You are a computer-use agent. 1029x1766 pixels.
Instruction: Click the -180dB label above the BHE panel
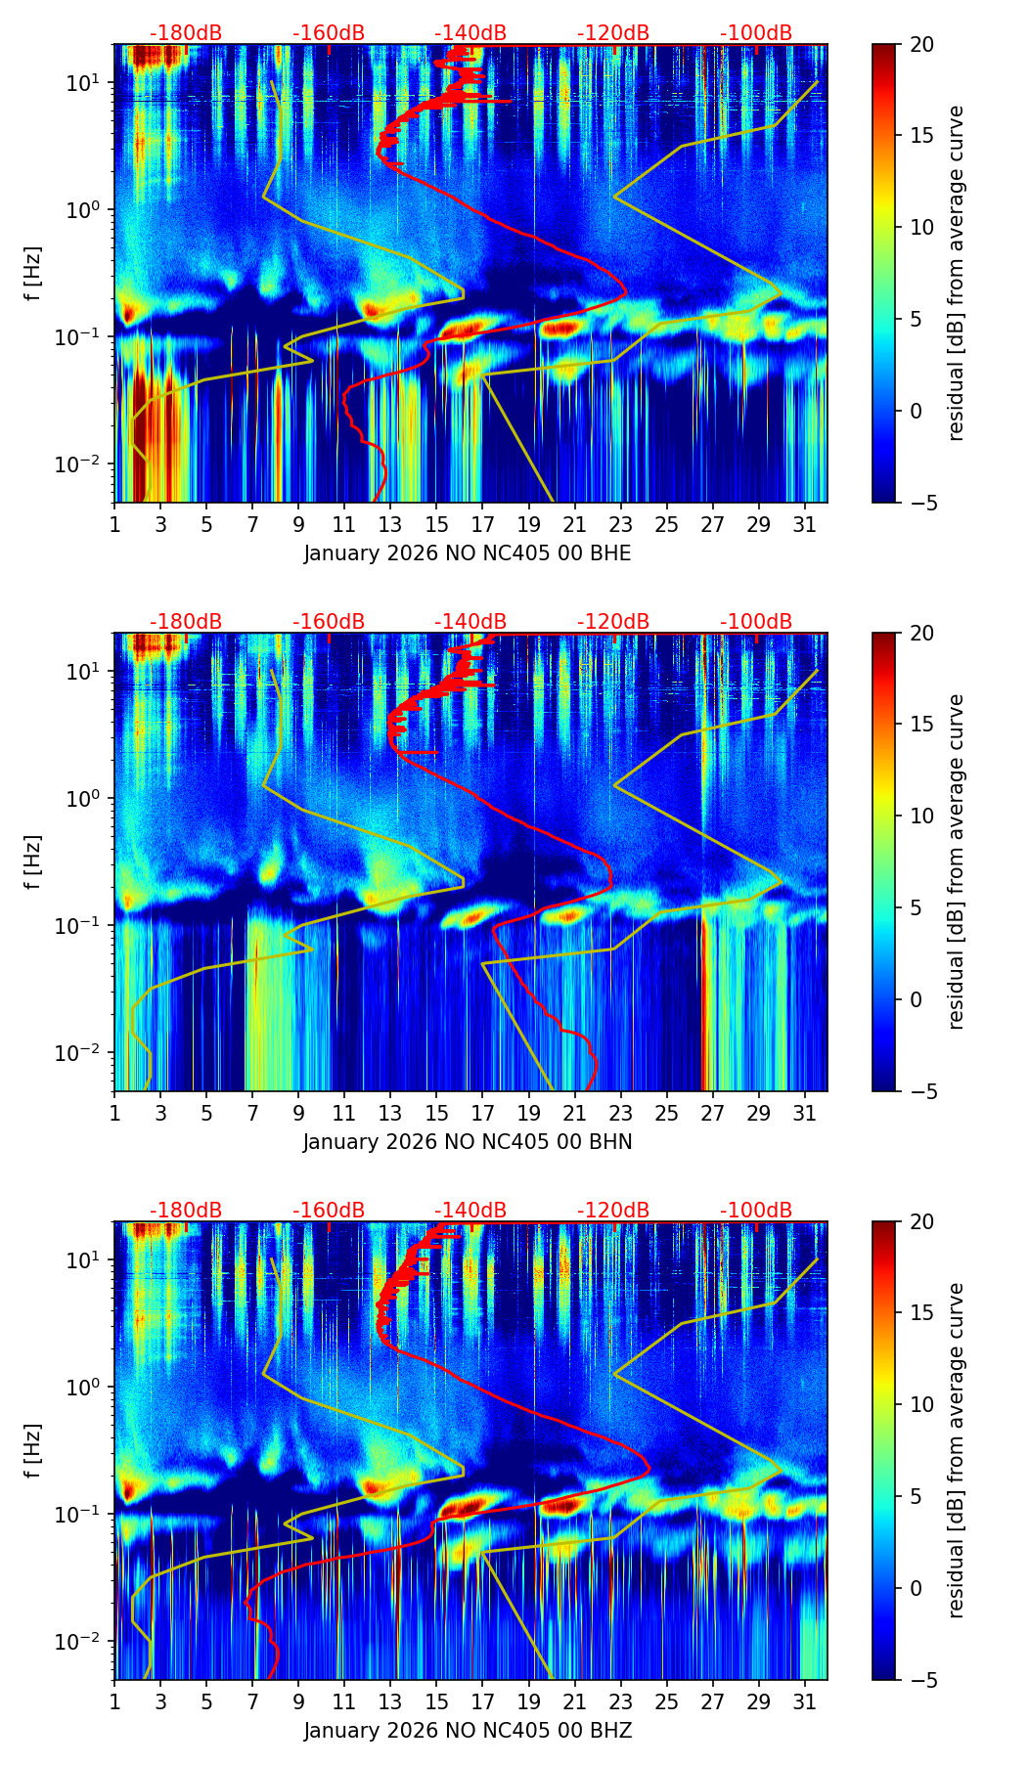tap(186, 33)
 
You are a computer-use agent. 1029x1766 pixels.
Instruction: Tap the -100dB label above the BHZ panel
tap(756, 1211)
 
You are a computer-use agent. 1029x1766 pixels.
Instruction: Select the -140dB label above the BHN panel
tap(470, 622)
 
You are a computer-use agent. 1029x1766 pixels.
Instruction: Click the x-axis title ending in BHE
tap(468, 553)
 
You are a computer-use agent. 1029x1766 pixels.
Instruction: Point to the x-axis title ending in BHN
tap(468, 1142)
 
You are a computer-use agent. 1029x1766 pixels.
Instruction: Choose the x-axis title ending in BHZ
tap(468, 1731)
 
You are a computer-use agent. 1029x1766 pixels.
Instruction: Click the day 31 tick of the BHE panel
tap(805, 524)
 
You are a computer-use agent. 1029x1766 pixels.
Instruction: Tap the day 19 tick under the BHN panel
tap(529, 1113)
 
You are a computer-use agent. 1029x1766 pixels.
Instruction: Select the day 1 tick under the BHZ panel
tap(114, 1701)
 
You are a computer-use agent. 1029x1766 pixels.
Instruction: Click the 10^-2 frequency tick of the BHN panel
tap(84, 1052)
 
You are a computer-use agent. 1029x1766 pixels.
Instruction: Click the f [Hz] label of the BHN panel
tap(33, 861)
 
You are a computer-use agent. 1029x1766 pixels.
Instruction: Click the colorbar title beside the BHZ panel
tap(956, 1450)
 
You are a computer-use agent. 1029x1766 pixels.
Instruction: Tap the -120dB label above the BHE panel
tap(613, 33)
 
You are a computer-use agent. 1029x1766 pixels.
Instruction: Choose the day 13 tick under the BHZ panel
tap(390, 1701)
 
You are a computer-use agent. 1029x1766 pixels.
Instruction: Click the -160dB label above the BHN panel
tap(329, 622)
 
